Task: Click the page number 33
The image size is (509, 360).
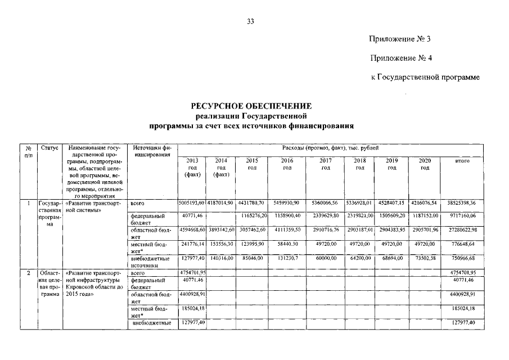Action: point(251,22)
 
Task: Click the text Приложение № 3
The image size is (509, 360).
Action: point(400,39)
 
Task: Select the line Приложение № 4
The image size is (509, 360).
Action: point(400,57)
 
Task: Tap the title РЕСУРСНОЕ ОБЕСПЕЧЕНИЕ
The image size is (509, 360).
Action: point(251,106)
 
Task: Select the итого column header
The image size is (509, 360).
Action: point(462,161)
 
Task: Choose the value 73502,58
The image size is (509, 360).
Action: point(427,258)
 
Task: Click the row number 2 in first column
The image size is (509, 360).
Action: point(28,272)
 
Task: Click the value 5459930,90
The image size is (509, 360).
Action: point(287,202)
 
